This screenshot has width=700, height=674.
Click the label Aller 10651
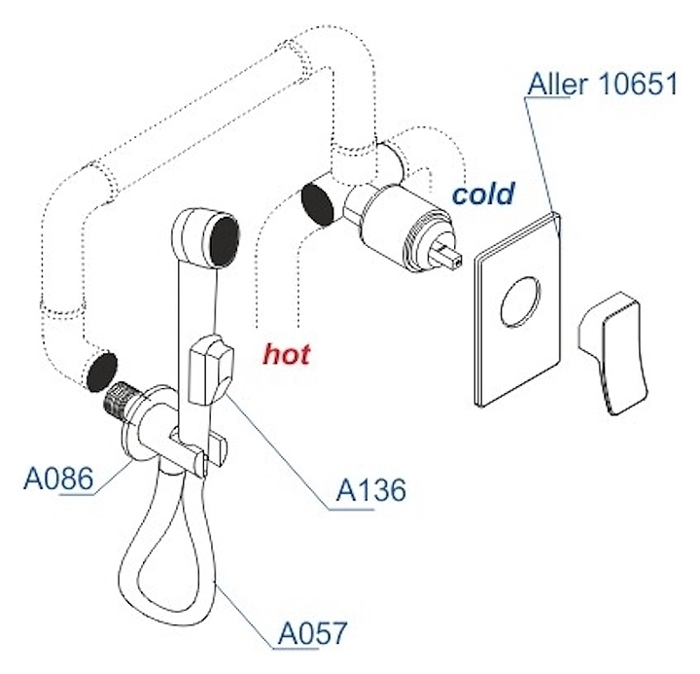[602, 85]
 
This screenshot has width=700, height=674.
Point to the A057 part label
[312, 633]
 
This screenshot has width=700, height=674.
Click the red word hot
[287, 354]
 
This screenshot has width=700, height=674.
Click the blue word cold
[482, 194]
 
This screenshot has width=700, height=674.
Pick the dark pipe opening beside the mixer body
[318, 202]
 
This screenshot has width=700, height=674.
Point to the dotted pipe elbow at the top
[331, 58]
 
